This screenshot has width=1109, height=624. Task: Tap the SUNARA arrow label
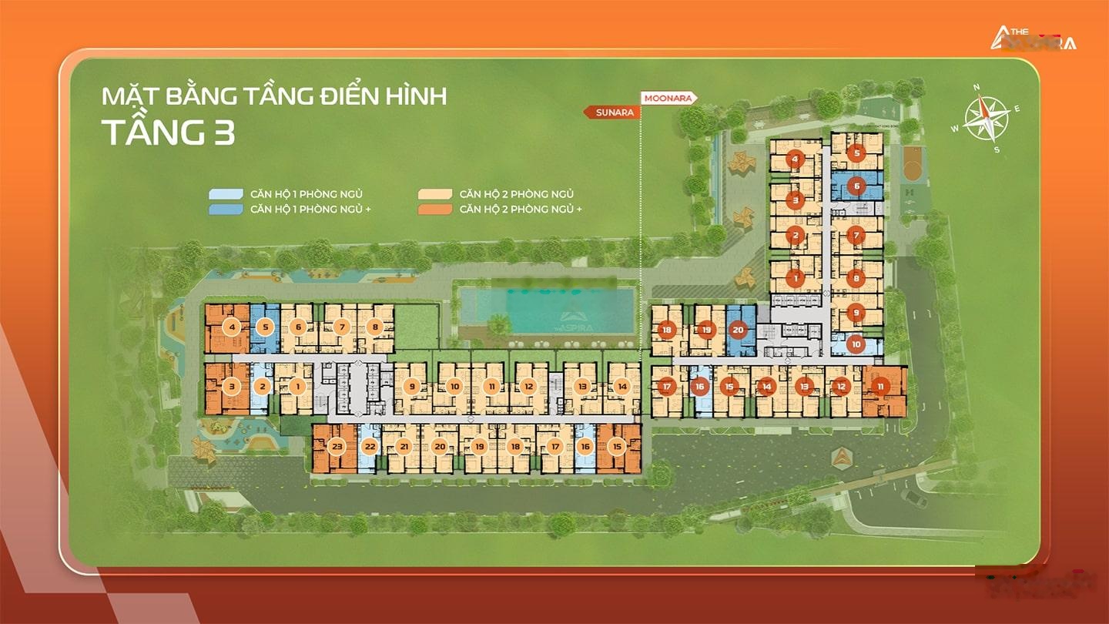613,112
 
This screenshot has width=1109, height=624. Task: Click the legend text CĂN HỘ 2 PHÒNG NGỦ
516,194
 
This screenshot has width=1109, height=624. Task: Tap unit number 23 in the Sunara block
337,446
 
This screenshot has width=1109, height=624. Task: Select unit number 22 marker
370,446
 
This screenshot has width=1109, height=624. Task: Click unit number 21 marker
404,446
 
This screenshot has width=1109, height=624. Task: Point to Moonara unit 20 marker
738,330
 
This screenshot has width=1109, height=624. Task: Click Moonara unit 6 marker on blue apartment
856,186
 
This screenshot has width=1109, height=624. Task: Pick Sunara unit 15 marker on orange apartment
616,446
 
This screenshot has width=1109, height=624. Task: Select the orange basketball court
910,165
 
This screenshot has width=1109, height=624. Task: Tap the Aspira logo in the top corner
1033,39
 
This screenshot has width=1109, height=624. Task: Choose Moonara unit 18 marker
667,330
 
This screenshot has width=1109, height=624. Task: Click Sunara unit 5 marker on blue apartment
265,327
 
